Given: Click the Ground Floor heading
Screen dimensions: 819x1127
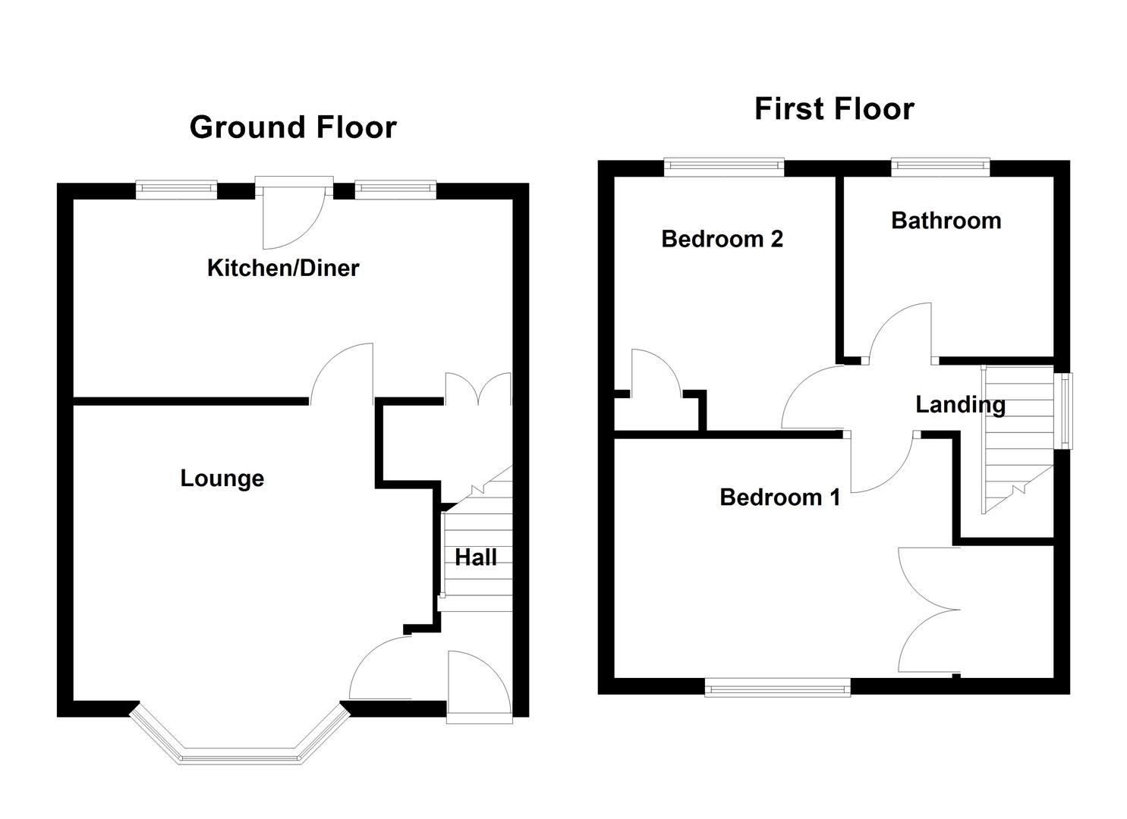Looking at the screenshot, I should pos(293,127).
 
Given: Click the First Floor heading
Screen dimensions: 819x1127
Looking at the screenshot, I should pos(834,109).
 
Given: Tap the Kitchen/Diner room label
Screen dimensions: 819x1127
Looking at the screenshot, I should pos(283,268).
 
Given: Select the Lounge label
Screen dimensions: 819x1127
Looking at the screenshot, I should pos(222,479).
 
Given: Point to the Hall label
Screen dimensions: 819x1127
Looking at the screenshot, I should pos(476,557).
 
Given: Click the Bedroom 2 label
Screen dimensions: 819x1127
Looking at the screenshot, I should pos(722,239).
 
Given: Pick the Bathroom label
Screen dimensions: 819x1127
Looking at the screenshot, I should pos(946,221).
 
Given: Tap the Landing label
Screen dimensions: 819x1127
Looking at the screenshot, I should pos(960,404).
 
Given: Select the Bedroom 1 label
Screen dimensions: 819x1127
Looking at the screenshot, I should pos(779,497).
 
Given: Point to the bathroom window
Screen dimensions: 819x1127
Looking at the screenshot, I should pos(940,167).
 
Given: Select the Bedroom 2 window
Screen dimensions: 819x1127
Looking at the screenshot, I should pos(724,167).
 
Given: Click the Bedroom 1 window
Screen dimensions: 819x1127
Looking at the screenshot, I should pos(777,689).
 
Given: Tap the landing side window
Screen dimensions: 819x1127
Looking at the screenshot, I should pos(1066,410).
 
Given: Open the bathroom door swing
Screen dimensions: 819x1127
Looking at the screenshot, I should pos(902,334).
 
